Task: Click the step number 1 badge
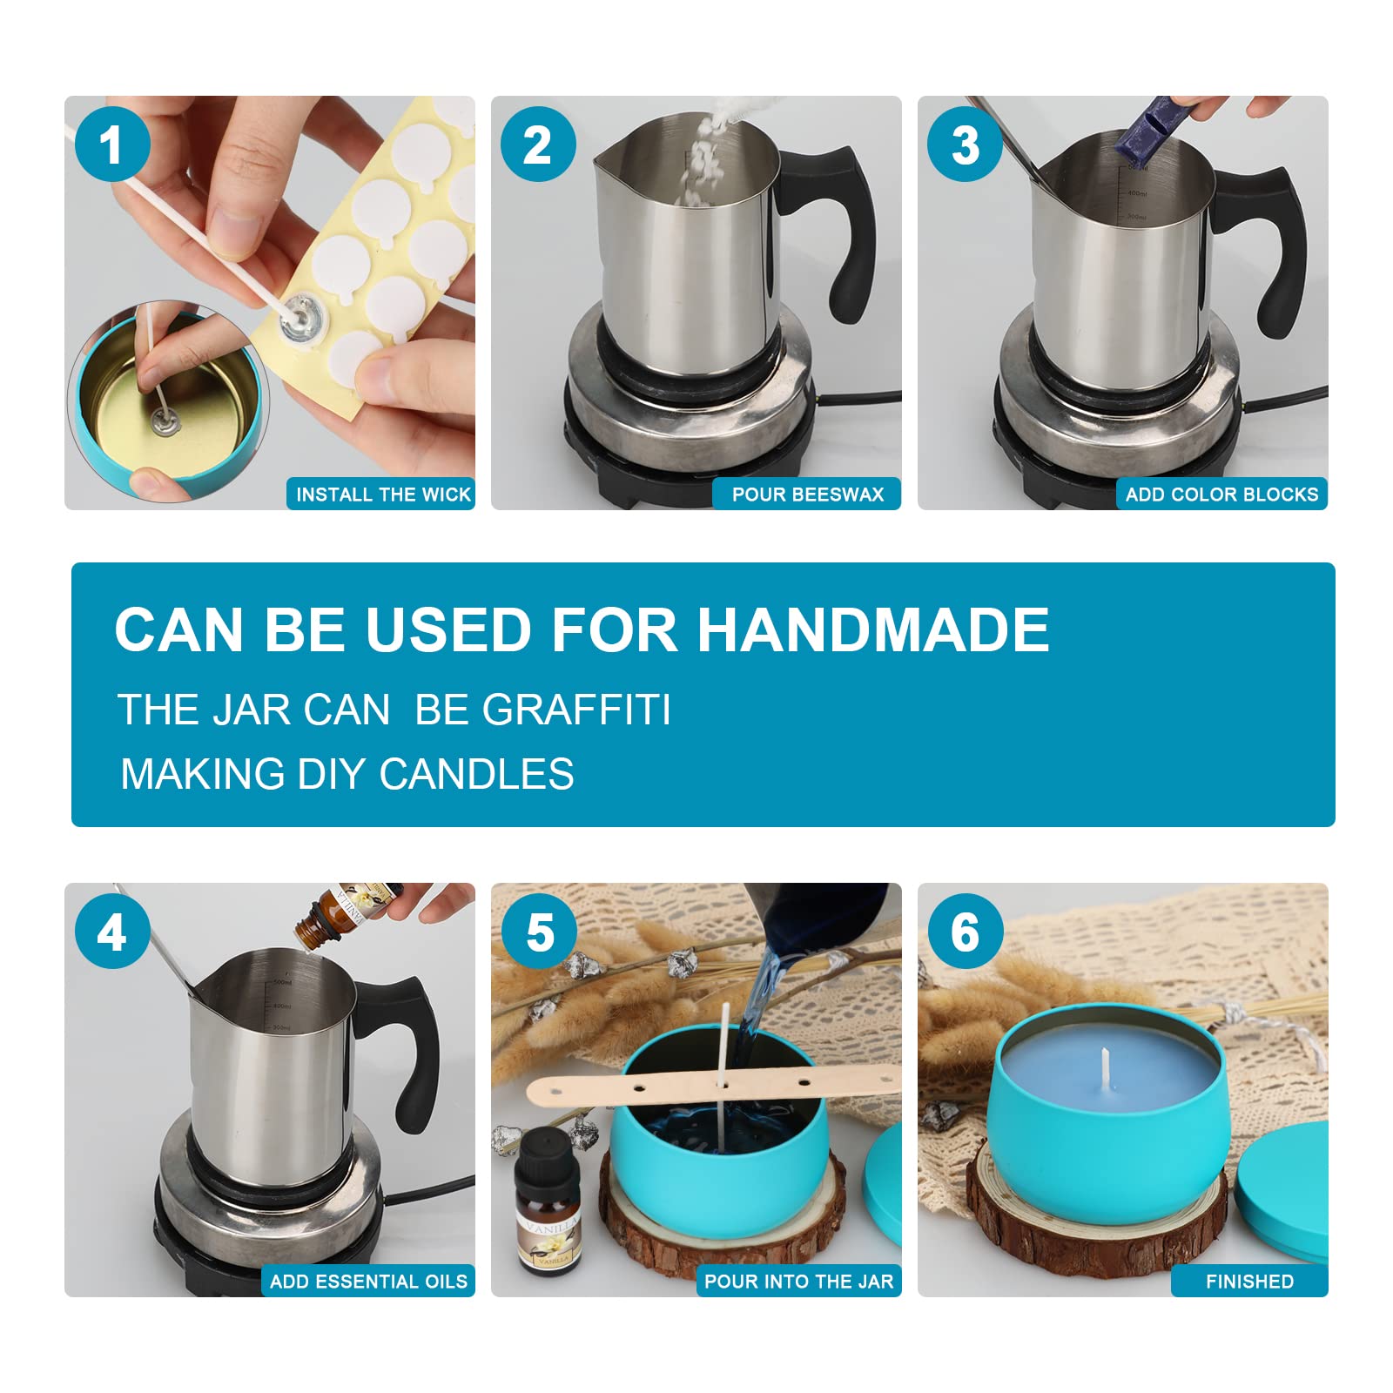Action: pyautogui.click(x=112, y=145)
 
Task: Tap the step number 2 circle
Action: pyautogui.click(x=538, y=145)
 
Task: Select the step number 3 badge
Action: pyautogui.click(x=965, y=145)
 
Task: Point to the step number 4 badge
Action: pyautogui.click(x=112, y=932)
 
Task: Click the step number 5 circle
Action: pyautogui.click(x=540, y=932)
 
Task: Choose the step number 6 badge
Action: pyautogui.click(x=965, y=932)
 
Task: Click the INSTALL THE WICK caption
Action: pyautogui.click(x=383, y=495)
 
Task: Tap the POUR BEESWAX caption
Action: pyautogui.click(x=808, y=495)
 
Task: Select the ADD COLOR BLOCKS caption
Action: pyautogui.click(x=1222, y=495)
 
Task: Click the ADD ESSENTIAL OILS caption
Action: pyautogui.click(x=369, y=1282)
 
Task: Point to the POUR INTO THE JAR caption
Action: pyautogui.click(x=799, y=1282)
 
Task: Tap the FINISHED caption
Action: pyautogui.click(x=1250, y=1282)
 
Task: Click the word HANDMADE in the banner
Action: pyautogui.click(x=873, y=629)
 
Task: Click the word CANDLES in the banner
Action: pyautogui.click(x=477, y=774)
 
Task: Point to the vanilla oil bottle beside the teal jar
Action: pyautogui.click(x=548, y=1201)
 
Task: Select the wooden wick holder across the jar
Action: pyautogui.click(x=714, y=1086)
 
